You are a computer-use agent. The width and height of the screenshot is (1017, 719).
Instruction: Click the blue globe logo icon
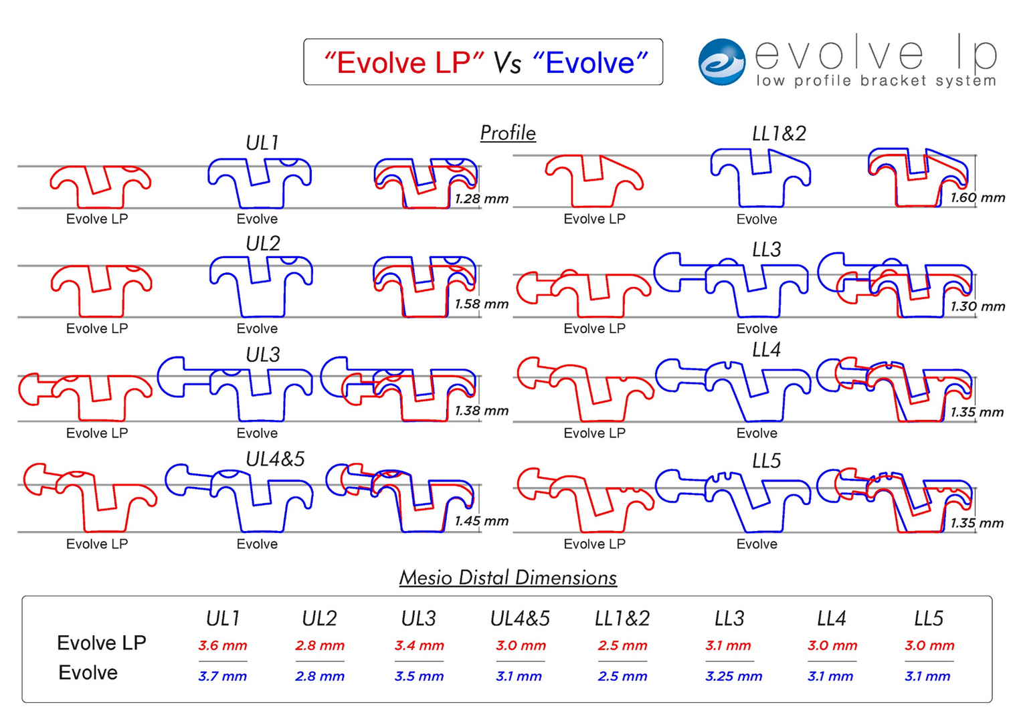click(x=721, y=62)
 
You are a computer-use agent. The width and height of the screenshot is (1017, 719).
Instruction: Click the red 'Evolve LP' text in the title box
click(x=403, y=63)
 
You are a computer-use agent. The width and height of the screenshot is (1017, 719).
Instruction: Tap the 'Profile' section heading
click(x=508, y=133)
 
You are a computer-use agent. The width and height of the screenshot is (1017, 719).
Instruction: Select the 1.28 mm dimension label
click(x=482, y=199)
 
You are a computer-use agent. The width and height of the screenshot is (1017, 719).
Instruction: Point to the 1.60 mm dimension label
click(x=978, y=197)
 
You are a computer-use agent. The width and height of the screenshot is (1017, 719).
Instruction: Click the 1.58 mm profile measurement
click(x=482, y=304)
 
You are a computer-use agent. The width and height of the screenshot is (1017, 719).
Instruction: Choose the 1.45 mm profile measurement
click(x=482, y=520)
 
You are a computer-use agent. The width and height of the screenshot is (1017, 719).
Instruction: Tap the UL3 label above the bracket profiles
click(x=262, y=354)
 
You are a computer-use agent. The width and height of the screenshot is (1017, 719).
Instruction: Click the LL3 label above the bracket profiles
click(x=766, y=250)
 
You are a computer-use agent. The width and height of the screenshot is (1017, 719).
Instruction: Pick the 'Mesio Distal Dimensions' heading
click(x=508, y=577)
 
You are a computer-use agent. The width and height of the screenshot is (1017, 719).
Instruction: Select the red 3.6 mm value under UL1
click(x=223, y=645)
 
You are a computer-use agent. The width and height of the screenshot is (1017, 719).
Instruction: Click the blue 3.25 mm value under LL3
click(x=733, y=676)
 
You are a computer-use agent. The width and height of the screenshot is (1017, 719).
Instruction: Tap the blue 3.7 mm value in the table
click(x=223, y=676)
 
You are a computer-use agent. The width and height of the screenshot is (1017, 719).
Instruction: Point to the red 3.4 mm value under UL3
click(x=420, y=645)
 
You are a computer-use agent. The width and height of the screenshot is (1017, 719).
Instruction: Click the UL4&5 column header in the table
click(x=520, y=619)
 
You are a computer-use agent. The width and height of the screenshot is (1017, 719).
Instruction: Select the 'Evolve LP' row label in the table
click(x=102, y=643)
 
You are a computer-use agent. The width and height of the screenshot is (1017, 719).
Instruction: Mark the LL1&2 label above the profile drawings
click(x=779, y=134)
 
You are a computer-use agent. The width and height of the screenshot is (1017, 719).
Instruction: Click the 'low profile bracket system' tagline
click(x=876, y=81)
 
